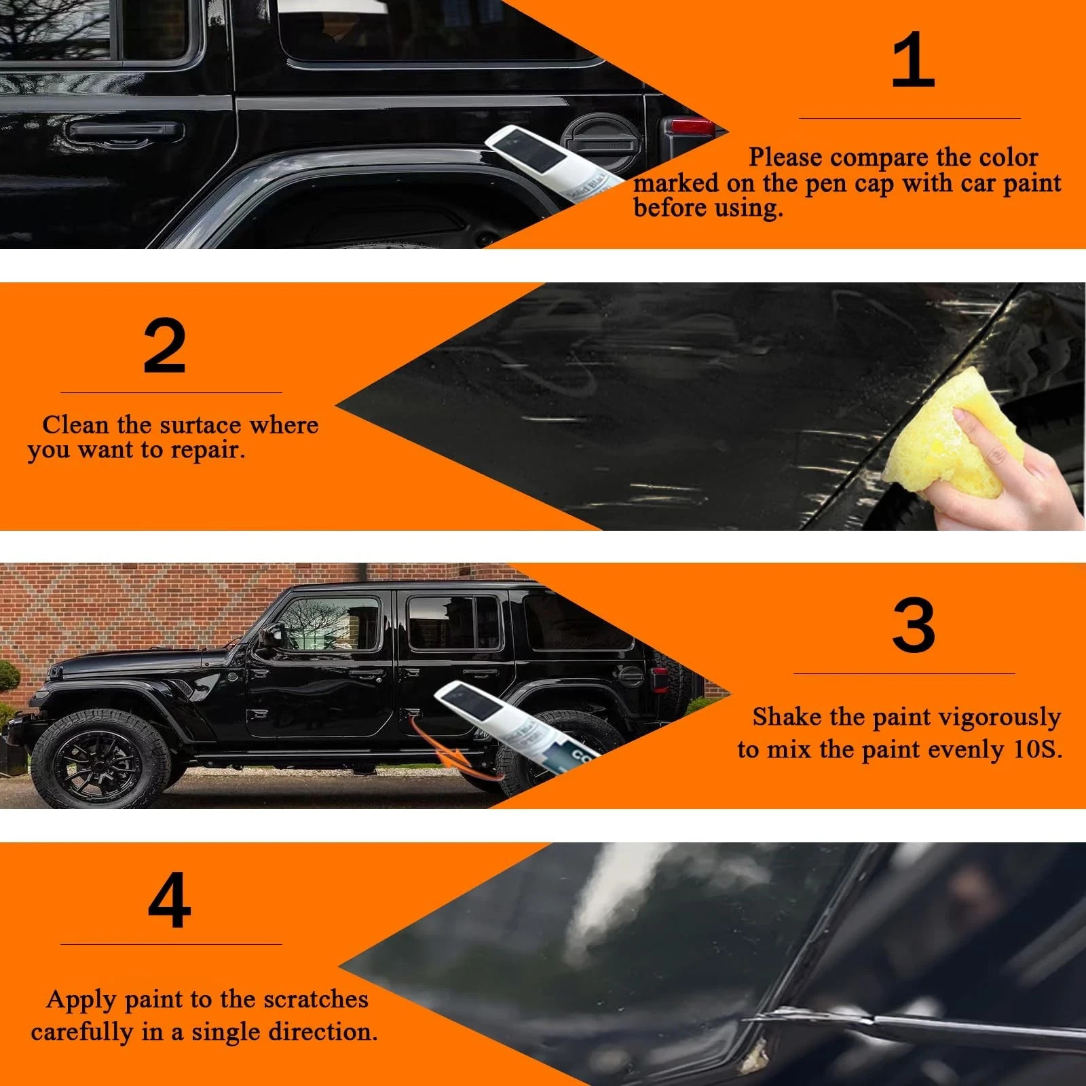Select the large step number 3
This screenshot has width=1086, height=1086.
pos(913,625)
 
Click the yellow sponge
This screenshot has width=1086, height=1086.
pos(957,434)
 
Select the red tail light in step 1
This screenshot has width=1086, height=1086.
pos(689,127)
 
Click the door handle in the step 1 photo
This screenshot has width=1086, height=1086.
pos(126,131)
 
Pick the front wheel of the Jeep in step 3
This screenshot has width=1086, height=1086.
pos(100,759)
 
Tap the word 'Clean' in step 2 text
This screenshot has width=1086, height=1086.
pos(75,425)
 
